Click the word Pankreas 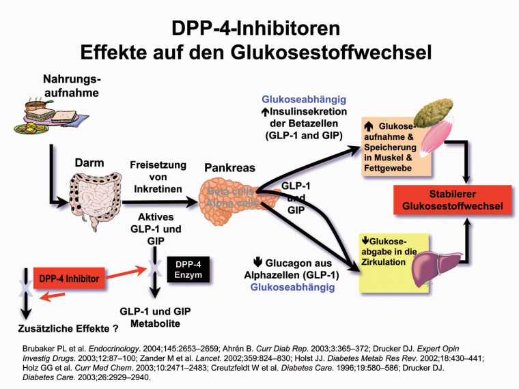tap(231, 167)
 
